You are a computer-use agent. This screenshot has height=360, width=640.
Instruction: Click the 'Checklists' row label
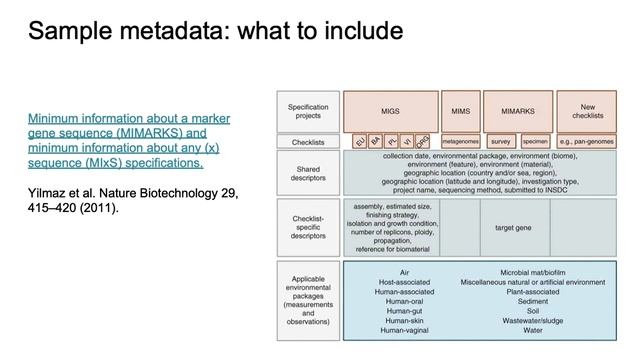pos(308,143)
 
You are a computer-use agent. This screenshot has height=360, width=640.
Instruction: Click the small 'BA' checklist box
pos(376,142)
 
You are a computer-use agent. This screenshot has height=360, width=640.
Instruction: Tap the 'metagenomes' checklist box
pos(461,143)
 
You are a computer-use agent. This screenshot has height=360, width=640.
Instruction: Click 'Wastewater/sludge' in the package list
pos(532,319)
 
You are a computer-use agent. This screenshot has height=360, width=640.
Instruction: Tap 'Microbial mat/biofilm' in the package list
pos(532,271)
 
